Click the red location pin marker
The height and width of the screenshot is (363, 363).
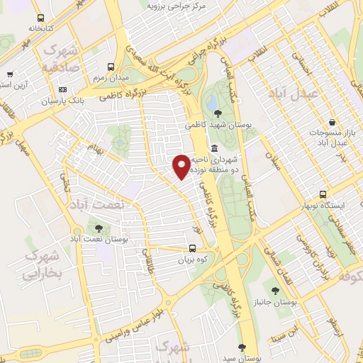181,166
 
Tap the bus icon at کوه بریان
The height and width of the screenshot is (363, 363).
192,248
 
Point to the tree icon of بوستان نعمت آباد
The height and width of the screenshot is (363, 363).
98,228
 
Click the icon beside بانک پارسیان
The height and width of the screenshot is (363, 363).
63,90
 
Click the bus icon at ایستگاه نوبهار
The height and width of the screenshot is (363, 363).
323,194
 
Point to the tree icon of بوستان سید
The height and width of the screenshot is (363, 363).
242,347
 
